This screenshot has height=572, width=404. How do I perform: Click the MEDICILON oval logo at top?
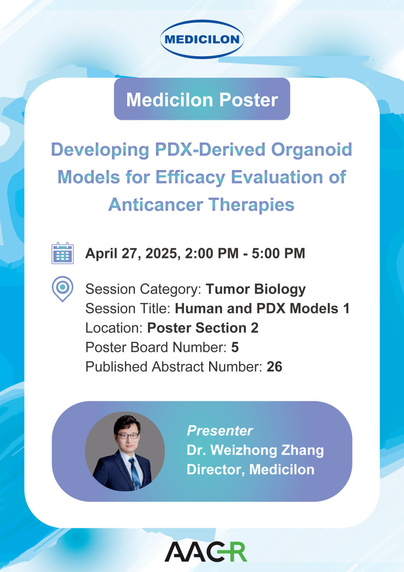(x=202, y=39)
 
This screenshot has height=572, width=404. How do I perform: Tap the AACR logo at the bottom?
(x=206, y=551)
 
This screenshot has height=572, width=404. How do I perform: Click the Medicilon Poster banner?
(x=202, y=99)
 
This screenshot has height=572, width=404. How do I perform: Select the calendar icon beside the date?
(x=62, y=253)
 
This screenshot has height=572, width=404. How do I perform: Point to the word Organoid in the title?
(x=311, y=149)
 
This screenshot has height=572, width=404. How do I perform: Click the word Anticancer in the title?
(x=156, y=205)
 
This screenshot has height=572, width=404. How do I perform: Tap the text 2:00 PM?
(x=212, y=253)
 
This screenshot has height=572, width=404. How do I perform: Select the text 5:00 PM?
(x=278, y=253)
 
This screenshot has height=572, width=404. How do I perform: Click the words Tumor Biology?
(x=255, y=289)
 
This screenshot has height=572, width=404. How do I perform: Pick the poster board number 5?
(x=235, y=347)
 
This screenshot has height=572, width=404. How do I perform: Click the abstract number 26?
(x=274, y=367)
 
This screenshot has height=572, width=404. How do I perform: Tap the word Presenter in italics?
(x=220, y=430)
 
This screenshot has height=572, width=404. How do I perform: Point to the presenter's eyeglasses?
(x=128, y=436)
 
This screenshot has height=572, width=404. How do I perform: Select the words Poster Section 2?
(x=203, y=328)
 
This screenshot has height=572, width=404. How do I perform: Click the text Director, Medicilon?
(x=250, y=469)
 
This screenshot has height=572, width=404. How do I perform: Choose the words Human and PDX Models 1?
(x=262, y=308)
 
